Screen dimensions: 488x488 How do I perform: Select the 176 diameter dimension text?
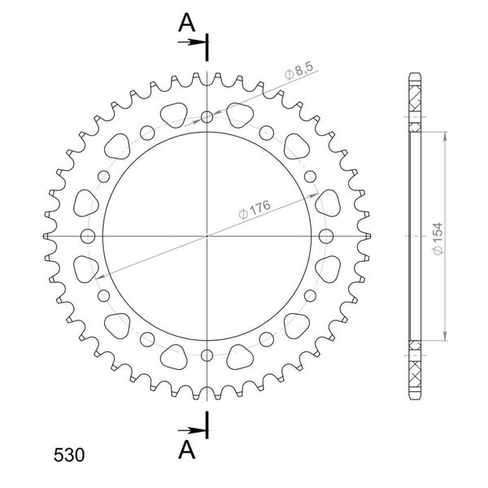point(255,210)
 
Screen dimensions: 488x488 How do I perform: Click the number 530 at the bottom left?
point(69,455)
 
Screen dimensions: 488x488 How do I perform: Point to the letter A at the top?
point(186,23)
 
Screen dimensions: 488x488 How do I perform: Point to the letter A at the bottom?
point(186,450)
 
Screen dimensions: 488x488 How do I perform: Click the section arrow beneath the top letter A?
point(190,41)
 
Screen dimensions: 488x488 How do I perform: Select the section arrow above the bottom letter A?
point(190,431)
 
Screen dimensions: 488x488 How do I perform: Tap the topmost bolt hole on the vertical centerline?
point(207,117)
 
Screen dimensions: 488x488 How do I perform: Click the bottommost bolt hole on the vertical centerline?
point(207,355)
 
